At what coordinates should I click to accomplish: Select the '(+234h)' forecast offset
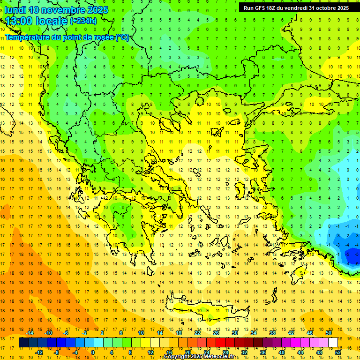83,21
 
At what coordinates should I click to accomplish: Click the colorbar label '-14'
30,333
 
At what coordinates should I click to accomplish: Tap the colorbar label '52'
338,352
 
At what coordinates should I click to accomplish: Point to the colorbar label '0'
92,352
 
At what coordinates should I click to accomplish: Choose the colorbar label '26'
216,333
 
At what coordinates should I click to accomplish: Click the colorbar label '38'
272,333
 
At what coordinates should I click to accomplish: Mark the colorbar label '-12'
39,352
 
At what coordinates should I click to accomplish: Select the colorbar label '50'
329,333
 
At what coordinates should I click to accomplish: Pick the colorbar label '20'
187,352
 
